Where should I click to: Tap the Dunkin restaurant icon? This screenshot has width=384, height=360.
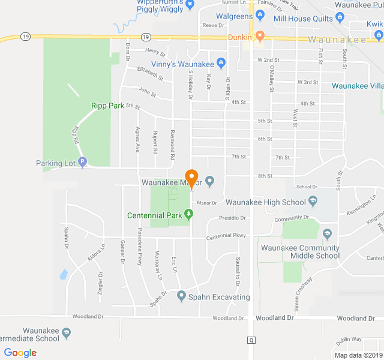[x=259, y=36]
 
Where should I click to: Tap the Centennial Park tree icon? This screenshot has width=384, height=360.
[x=189, y=214]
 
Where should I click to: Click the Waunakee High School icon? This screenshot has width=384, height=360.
[x=312, y=202]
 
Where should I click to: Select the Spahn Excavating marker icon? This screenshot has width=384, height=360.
[x=182, y=296]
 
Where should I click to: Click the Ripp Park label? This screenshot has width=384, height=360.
[x=107, y=106]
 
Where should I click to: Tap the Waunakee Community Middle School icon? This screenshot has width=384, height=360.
[x=327, y=233]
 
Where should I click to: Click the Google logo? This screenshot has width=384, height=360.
[x=20, y=352]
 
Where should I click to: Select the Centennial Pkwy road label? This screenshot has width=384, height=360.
[x=226, y=235]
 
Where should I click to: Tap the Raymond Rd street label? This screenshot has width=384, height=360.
[x=172, y=145]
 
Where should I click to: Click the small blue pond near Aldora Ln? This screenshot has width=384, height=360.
[x=64, y=275]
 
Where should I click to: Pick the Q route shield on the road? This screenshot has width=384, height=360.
[x=251, y=340]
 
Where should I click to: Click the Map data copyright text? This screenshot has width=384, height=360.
[x=358, y=355]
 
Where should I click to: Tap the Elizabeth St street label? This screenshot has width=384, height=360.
[x=150, y=73]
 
